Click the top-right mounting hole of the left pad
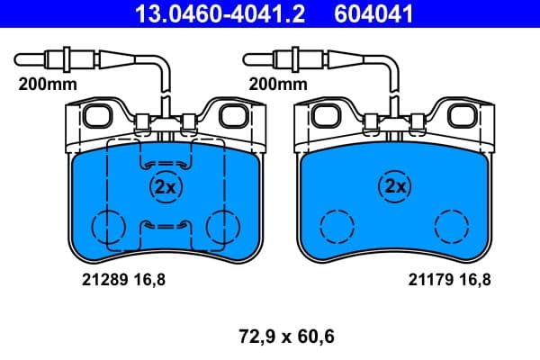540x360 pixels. click(x=234, y=115)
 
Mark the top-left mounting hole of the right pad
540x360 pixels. click(x=322, y=115)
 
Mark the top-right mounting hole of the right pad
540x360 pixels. click(x=463, y=115)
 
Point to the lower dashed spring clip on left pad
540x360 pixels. click(x=163, y=225)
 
